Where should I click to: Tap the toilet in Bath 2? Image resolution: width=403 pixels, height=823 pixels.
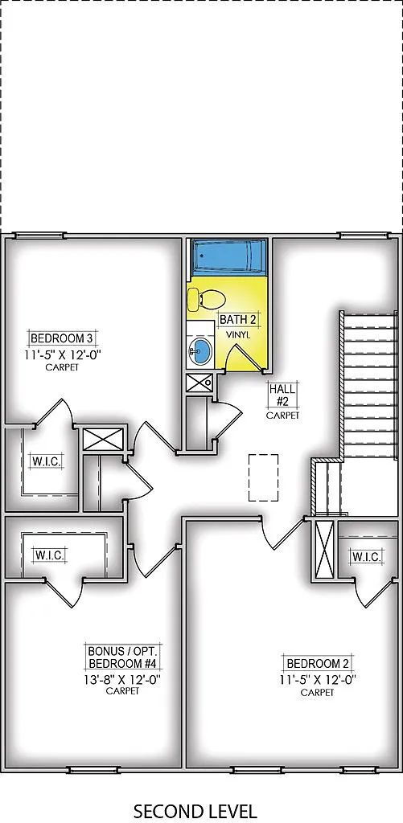pos(204,300)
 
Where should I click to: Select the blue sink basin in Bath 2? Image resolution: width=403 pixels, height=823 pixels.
pos(199,350)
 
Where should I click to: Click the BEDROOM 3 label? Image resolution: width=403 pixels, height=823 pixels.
pos(56,338)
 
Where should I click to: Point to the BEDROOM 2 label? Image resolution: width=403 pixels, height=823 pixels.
pos(317,663)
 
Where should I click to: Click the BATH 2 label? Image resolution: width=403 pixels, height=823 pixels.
pos(239,320)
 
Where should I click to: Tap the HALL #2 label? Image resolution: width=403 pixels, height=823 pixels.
pos(283,394)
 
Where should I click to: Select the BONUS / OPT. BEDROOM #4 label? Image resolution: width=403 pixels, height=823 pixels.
pos(122,656)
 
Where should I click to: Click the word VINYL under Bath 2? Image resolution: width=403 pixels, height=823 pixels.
pos(238,334)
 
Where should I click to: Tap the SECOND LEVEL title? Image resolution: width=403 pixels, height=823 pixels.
pos(195,810)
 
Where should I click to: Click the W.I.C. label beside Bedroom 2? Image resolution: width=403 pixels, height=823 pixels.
pos(366,556)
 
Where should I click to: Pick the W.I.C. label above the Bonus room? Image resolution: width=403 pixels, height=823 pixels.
pos(49,555)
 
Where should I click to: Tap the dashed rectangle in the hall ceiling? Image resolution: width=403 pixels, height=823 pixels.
pos(263,477)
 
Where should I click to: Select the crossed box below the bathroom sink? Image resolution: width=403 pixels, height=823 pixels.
pos(199,381)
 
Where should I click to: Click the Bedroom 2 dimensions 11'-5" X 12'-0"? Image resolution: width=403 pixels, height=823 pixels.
pos(317,679)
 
